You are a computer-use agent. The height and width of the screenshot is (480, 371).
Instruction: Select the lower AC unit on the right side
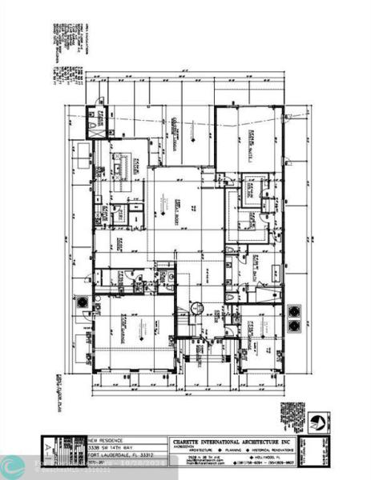(294, 325)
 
